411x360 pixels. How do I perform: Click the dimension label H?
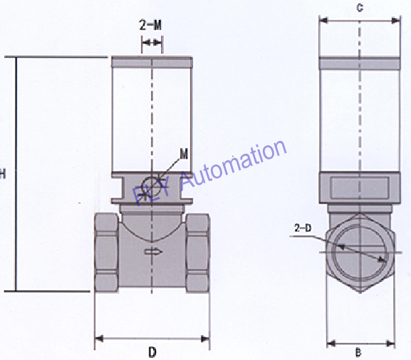click(x=3, y=173)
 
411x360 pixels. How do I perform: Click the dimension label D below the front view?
click(x=152, y=351)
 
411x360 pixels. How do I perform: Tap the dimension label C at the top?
click(x=360, y=9)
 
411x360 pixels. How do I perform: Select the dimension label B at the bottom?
click(x=360, y=351)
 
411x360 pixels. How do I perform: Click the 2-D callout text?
click(x=302, y=228)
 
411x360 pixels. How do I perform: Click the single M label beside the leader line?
click(x=184, y=154)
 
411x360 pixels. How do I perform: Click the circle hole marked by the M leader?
click(x=151, y=186)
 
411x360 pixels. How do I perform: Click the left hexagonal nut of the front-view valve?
click(x=108, y=251)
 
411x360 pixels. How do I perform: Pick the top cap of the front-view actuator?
click(x=151, y=63)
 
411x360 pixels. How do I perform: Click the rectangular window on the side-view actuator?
click(x=360, y=188)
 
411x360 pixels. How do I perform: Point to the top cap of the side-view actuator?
click(x=360, y=62)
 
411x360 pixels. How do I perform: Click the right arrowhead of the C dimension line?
click(x=397, y=20)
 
